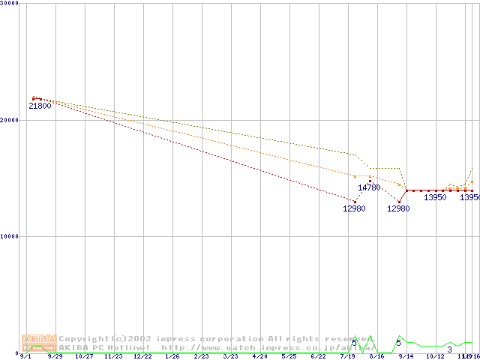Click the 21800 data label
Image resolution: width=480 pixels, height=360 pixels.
(x=40, y=106)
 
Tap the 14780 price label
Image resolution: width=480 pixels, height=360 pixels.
(x=369, y=187)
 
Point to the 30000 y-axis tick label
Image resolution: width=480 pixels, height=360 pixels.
(x=9, y=4)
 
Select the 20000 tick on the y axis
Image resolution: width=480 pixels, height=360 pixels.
(x=9, y=120)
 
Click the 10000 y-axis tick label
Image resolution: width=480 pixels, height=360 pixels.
(x=9, y=236)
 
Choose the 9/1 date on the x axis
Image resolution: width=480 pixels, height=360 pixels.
(x=25, y=357)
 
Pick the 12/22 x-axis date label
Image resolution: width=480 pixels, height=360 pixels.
(x=142, y=357)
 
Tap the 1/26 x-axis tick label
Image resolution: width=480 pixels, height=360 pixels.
(x=172, y=357)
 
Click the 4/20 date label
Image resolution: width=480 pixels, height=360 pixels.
(x=259, y=357)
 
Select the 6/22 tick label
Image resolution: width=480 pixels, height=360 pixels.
(x=318, y=357)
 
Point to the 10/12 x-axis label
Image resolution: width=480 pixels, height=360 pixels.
(x=435, y=357)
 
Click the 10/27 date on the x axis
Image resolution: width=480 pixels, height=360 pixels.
(x=84, y=357)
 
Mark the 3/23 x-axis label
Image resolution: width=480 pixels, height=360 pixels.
(x=230, y=357)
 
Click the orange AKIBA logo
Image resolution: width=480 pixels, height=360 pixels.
(x=38, y=343)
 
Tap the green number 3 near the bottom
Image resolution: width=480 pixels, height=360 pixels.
(x=449, y=349)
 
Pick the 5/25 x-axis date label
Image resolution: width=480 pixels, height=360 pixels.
(x=289, y=357)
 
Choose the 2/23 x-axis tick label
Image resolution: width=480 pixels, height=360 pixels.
(x=201, y=357)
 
